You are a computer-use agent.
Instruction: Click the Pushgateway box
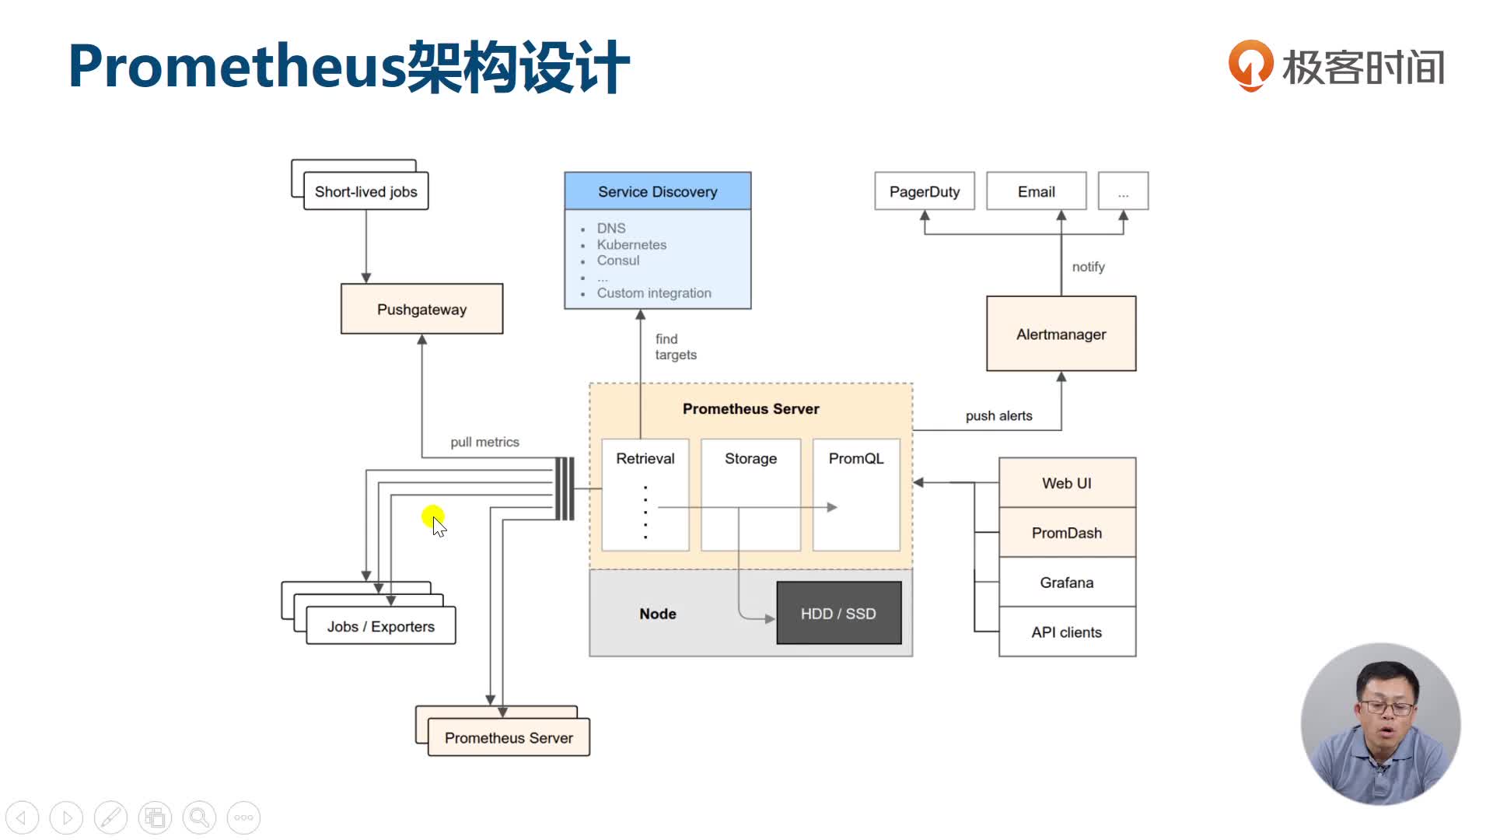point(421,309)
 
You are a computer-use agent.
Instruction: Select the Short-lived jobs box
point(365,191)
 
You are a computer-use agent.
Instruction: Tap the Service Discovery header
point(657,191)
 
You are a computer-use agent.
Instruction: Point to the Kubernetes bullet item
point(631,244)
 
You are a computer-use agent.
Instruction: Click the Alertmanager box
point(1061,334)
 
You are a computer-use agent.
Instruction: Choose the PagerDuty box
point(924,191)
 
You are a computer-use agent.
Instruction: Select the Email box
point(1036,191)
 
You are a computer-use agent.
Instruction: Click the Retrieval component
point(645,459)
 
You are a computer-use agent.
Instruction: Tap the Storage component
point(750,459)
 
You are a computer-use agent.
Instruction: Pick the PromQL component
point(855,459)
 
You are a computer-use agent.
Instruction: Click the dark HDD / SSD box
point(838,613)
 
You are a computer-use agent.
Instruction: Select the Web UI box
point(1066,483)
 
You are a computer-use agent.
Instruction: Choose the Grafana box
point(1066,583)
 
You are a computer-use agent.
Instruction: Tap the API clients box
point(1066,632)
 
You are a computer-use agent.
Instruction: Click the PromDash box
point(1066,533)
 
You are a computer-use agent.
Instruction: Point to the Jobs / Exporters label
point(380,626)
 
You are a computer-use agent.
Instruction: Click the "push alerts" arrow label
point(998,416)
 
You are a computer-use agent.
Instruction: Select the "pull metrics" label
point(484,442)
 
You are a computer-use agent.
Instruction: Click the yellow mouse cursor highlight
point(432,516)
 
